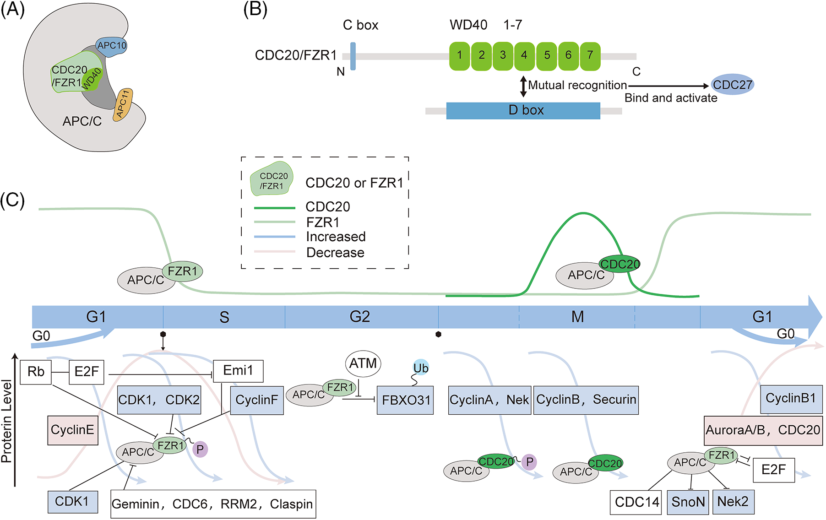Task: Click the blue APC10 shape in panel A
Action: pos(112,46)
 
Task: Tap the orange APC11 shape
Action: pos(124,103)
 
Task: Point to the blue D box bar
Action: pos(523,110)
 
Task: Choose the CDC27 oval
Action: pos(732,85)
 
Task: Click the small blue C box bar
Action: pos(353,56)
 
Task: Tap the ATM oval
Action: pos(363,364)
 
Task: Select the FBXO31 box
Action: pos(405,401)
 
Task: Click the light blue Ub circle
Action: pos(421,368)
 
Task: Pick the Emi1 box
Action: pos(238,371)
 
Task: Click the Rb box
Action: pos(36,372)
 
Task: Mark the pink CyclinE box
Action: pos(73,430)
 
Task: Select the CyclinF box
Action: pos(256,401)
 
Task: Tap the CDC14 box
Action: pos(636,502)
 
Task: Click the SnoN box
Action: pos(688,502)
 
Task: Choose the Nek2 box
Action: pos(733,502)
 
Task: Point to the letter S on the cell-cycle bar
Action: pos(224,317)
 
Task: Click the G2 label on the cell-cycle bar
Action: pos(359,317)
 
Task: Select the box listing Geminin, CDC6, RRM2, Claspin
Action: pos(213,504)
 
